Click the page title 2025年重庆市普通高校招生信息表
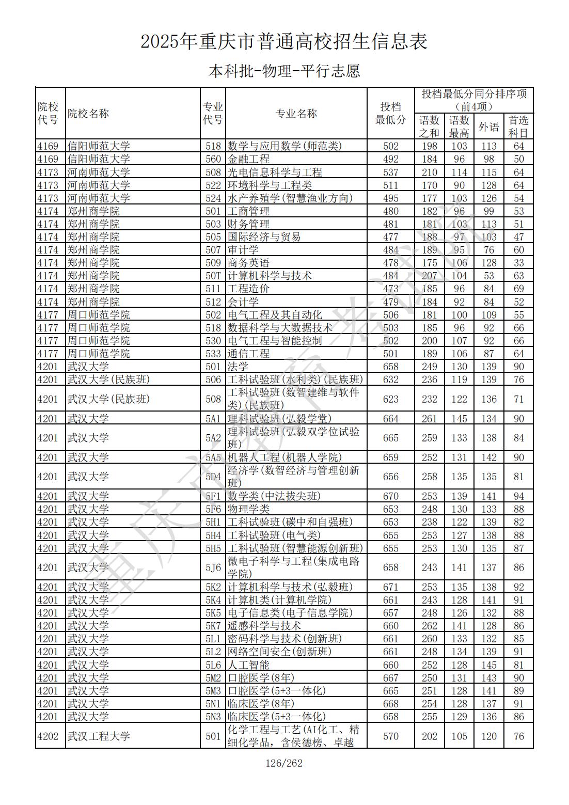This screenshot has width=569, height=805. click(x=284, y=42)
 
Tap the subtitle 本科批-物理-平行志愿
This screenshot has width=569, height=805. click(x=284, y=71)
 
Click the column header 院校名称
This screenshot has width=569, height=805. click(x=88, y=114)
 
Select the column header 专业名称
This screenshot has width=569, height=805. click(x=296, y=114)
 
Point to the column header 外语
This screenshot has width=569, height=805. click(x=488, y=127)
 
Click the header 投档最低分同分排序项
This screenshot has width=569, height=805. click(x=474, y=100)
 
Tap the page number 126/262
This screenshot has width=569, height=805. click(x=283, y=763)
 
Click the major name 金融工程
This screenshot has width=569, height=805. click(x=248, y=159)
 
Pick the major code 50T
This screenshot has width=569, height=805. click(x=213, y=276)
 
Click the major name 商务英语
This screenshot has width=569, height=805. click(x=248, y=263)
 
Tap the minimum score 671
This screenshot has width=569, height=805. click(x=391, y=587)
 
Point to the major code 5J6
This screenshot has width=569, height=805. click(x=213, y=567)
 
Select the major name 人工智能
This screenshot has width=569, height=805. click(x=248, y=665)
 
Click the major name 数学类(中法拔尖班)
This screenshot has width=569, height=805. click(x=274, y=496)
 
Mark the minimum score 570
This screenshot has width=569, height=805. click(x=391, y=736)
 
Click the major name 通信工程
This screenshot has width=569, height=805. click(x=248, y=354)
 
